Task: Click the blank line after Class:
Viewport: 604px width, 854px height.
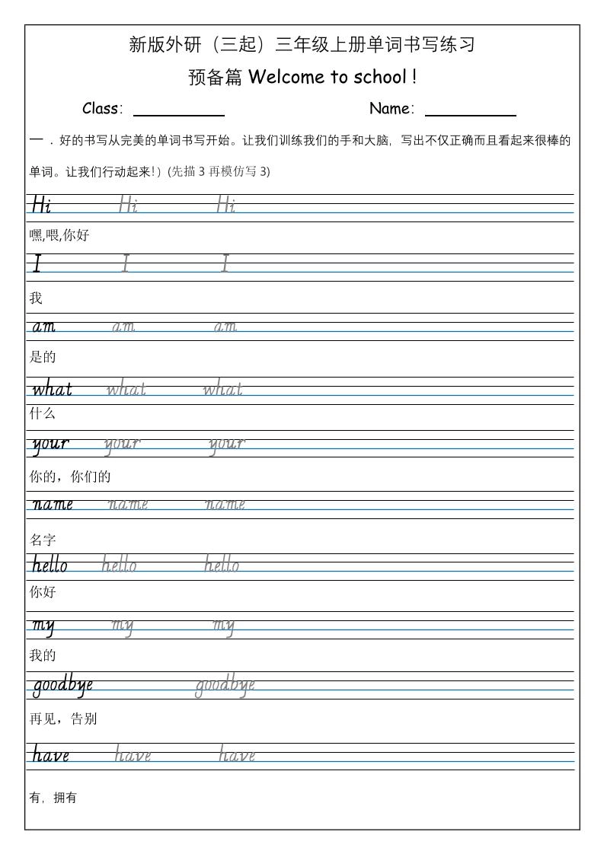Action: [x=179, y=114]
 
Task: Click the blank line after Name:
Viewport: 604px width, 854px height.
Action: [x=470, y=114]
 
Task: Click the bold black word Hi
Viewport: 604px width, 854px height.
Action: [x=41, y=205]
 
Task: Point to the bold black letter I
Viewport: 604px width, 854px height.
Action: [x=37, y=264]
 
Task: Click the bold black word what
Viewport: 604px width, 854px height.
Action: [x=52, y=390]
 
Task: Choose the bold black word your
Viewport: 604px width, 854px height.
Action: [x=50, y=444]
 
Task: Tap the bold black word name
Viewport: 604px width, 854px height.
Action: [x=53, y=504]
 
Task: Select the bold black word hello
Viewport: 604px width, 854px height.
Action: [x=50, y=565]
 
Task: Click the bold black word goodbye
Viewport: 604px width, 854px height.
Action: [x=62, y=686]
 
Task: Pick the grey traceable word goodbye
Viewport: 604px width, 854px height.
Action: [x=225, y=686]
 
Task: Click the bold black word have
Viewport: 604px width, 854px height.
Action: [x=50, y=755]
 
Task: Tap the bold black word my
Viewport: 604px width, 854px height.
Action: [x=43, y=626]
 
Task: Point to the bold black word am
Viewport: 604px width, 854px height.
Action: [x=43, y=327]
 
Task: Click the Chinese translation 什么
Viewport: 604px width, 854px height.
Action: [x=43, y=414]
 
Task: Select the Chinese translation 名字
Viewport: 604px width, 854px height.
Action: [x=43, y=540]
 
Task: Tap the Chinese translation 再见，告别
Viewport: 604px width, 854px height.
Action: [x=63, y=719]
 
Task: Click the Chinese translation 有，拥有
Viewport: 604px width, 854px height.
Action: [x=53, y=798]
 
